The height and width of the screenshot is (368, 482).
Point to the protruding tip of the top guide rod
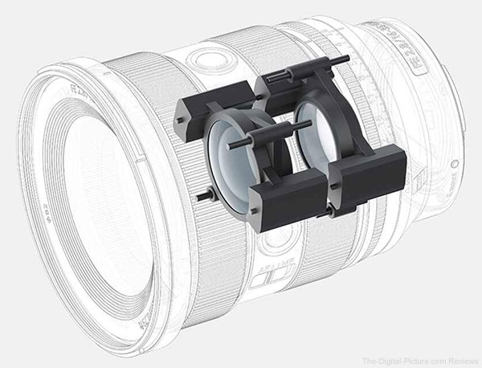[344, 59]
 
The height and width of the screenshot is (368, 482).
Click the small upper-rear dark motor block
[281, 80]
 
